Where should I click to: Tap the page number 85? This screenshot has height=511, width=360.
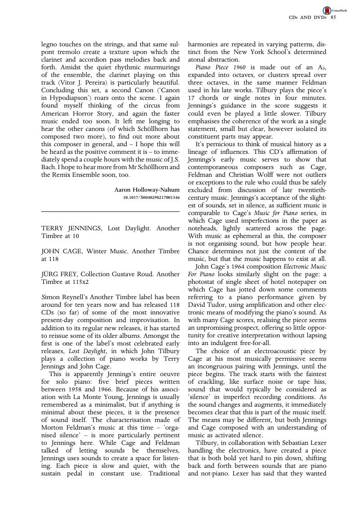point(333,18)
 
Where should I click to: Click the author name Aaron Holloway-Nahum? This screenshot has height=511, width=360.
point(147,190)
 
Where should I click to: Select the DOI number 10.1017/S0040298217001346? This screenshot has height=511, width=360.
point(151,197)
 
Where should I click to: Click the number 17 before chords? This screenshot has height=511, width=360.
point(191,98)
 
